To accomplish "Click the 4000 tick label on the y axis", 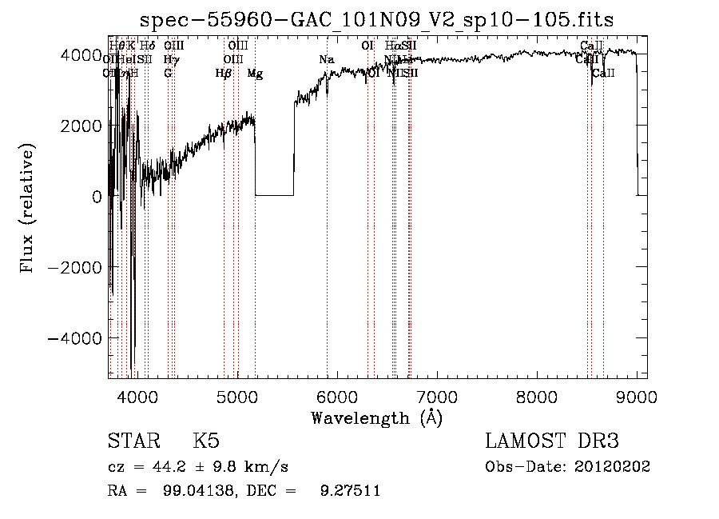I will click(x=79, y=54).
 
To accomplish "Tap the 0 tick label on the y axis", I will click(x=96, y=196).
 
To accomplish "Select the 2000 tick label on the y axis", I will click(x=79, y=126).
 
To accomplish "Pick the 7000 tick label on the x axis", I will click(x=436, y=396).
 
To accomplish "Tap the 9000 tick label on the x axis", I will click(x=637, y=396).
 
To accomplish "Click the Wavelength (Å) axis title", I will click(x=376, y=417).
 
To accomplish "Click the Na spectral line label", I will click(x=326, y=59).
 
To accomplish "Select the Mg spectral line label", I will click(x=255, y=74).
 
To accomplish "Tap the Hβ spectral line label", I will click(x=224, y=74).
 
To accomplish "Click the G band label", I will click(x=168, y=74).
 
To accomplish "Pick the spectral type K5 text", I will click(x=206, y=441).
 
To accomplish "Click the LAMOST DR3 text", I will click(x=551, y=441).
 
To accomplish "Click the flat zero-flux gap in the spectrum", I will click(x=274, y=194).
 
